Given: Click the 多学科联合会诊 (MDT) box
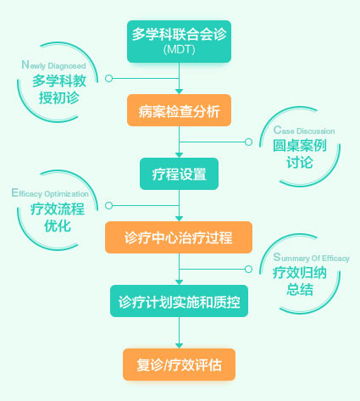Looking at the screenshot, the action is click(179, 42).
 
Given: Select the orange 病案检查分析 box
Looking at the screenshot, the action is click(179, 110).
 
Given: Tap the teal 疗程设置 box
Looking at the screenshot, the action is click(179, 174).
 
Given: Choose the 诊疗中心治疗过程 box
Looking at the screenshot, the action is click(179, 237).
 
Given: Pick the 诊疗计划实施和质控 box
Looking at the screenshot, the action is click(179, 301).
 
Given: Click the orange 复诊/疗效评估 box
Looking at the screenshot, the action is click(179, 365).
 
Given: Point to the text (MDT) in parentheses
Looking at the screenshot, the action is click(180, 50).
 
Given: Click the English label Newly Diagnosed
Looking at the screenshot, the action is click(53, 65).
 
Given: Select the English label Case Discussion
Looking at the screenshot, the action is click(304, 131).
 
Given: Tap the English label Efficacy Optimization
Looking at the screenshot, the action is click(50, 193).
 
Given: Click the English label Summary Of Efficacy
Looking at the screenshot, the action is click(312, 258).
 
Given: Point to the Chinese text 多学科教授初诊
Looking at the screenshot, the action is click(59, 89).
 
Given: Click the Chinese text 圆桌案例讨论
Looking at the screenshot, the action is click(300, 153).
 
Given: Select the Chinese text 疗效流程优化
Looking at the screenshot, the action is click(58, 217).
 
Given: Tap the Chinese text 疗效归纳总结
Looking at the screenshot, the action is click(300, 281).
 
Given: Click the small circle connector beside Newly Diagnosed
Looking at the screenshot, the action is click(108, 78).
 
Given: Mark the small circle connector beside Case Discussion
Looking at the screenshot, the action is click(248, 142).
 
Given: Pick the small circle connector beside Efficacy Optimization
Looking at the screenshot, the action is click(108, 205).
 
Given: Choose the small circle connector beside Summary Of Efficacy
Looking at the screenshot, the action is click(248, 269).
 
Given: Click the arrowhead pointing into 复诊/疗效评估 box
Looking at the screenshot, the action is click(179, 346).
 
